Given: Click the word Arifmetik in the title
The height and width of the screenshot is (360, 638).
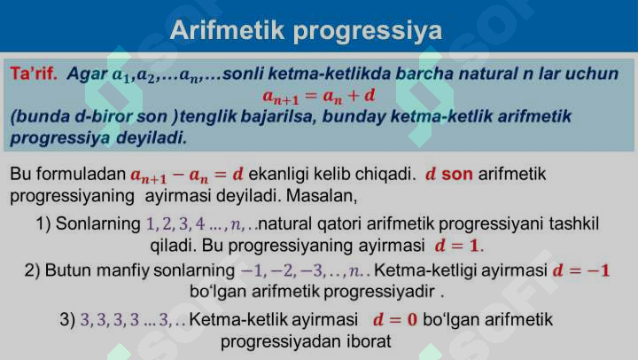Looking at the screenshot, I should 227,31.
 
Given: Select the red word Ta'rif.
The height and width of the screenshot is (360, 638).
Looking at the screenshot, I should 34,74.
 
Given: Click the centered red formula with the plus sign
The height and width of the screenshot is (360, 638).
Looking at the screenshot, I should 319,94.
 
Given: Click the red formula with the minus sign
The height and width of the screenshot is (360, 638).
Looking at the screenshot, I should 187,175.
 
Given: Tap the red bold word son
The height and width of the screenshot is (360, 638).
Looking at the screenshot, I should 456,174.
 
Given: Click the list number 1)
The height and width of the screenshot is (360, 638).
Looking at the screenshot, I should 43,223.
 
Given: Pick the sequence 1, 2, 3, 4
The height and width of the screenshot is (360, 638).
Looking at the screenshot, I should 175,223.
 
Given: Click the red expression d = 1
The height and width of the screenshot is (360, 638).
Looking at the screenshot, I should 458,244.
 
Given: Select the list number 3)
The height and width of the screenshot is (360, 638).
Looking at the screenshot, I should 67,319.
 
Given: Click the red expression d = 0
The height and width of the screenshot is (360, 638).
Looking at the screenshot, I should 395,319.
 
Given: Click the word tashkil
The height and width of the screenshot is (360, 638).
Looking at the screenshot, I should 573,223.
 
